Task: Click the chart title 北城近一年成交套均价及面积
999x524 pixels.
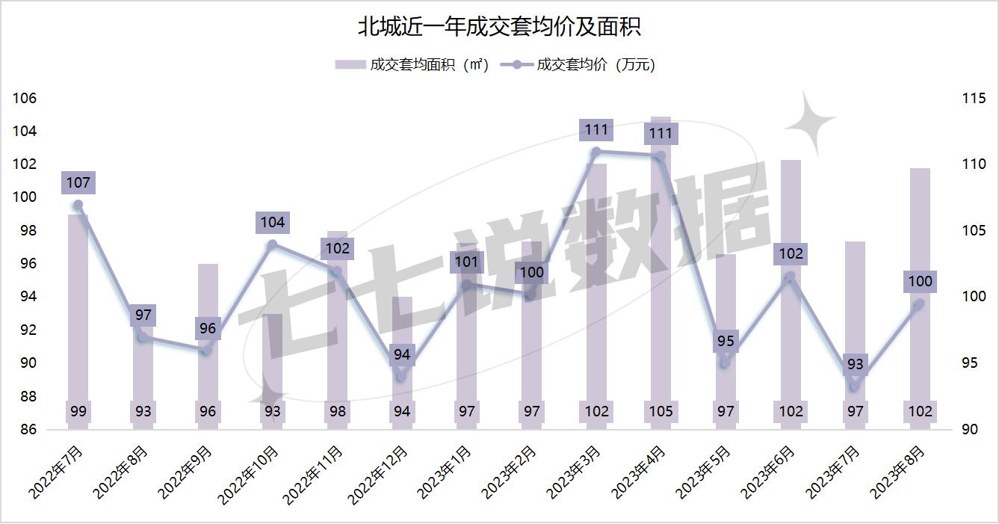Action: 499,28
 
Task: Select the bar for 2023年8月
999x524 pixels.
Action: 920,299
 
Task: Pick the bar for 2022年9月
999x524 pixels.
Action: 208,344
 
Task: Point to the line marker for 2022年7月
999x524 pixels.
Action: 78,206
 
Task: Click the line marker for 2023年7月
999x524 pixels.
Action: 855,386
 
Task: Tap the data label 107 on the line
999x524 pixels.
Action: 78,182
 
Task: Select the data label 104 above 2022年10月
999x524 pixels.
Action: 272,222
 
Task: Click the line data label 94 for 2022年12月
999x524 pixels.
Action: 402,354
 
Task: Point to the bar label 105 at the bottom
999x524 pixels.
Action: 661,411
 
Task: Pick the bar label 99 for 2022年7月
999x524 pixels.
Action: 78,411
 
